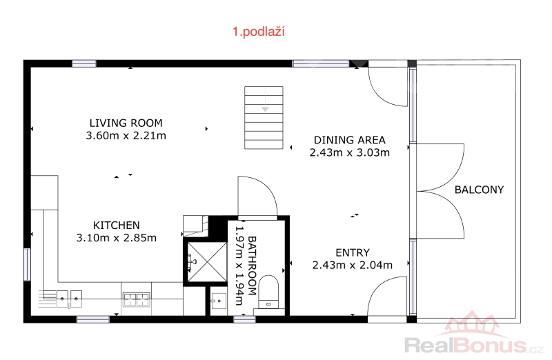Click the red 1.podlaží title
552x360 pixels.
pyautogui.click(x=258, y=32)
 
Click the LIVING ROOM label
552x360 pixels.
pyautogui.click(x=126, y=123)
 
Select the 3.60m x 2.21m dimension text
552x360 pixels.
pyautogui.click(x=126, y=135)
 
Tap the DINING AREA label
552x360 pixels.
pyautogui.click(x=350, y=140)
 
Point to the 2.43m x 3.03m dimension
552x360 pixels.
pyautogui.click(x=350, y=152)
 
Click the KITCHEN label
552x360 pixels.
pyautogui.click(x=116, y=226)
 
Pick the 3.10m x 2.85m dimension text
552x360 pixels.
pyautogui.click(x=116, y=238)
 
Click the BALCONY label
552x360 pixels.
pyautogui.click(x=479, y=190)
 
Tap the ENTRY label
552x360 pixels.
pyautogui.click(x=353, y=252)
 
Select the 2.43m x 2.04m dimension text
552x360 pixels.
pyautogui.click(x=353, y=265)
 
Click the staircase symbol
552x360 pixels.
pyautogui.click(x=264, y=117)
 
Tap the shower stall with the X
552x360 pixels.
pyautogui.click(x=207, y=262)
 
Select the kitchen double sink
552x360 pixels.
pyautogui.click(x=70, y=299)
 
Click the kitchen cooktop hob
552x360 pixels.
pyautogui.click(x=136, y=299)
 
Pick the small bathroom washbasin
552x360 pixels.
pyautogui.click(x=219, y=301)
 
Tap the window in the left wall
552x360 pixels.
pyautogui.click(x=27, y=264)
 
